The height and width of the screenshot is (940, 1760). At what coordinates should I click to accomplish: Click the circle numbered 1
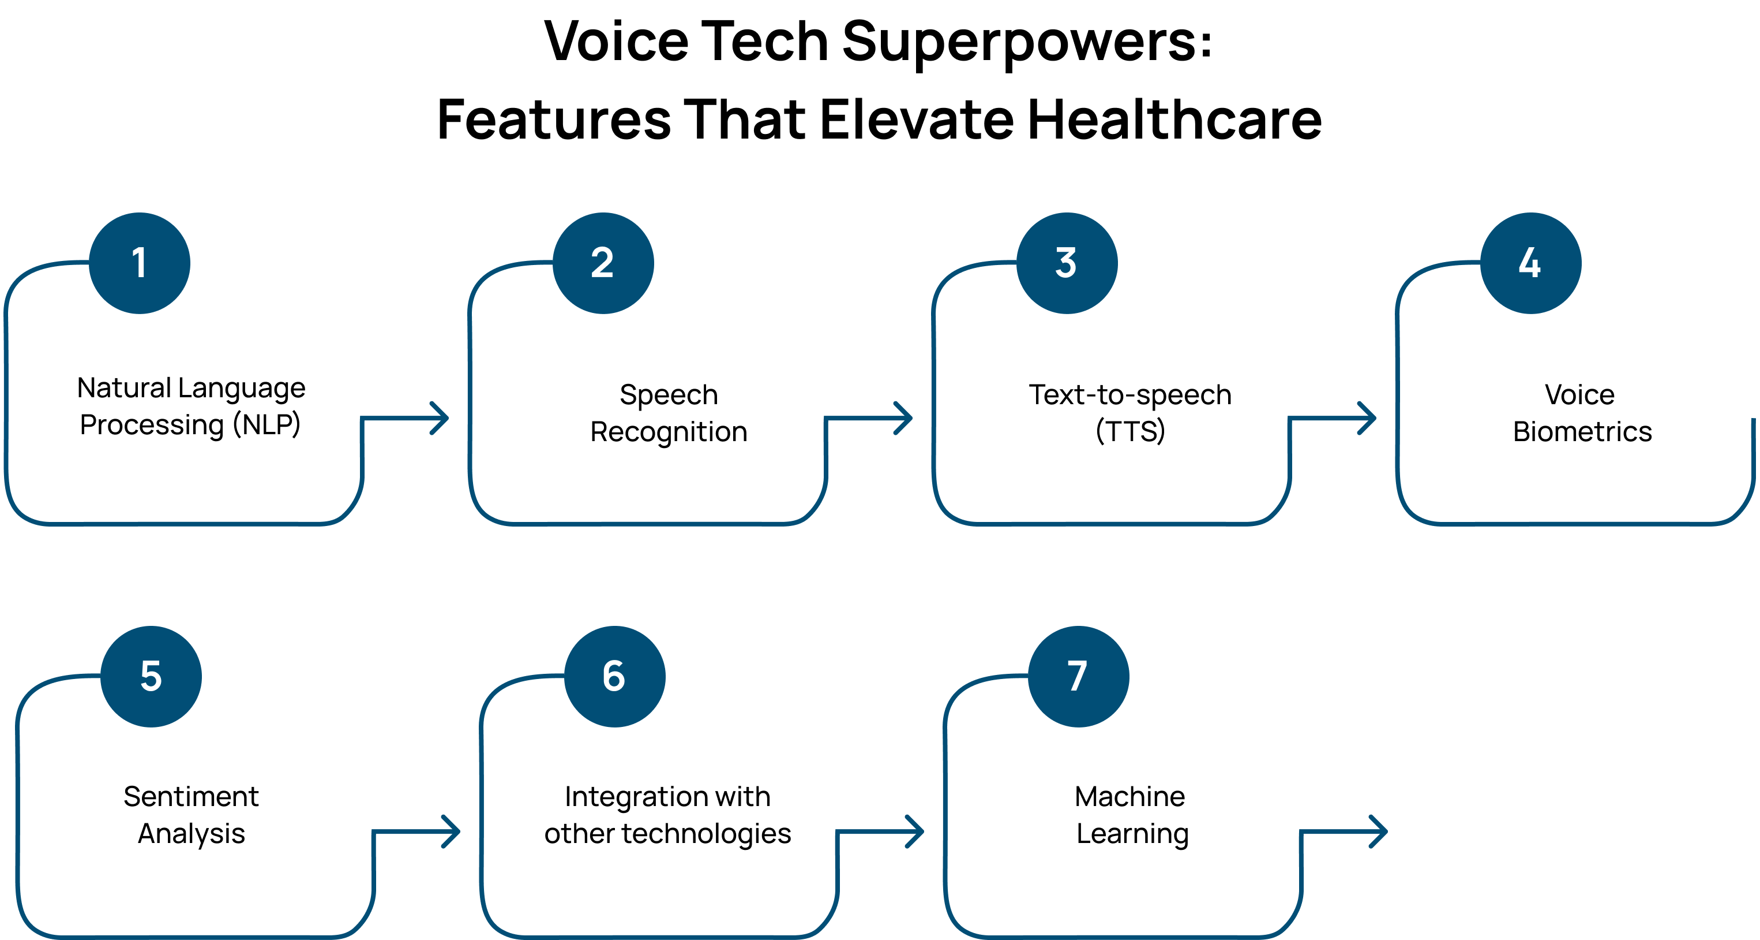coord(140,263)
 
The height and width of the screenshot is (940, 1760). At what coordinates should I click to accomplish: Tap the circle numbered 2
coord(603,263)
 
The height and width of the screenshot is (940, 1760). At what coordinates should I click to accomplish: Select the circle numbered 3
coord(1067,263)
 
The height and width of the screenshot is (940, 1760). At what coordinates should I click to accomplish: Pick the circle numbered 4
coord(1530,263)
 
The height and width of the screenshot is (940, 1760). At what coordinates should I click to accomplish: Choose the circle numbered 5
coord(151,676)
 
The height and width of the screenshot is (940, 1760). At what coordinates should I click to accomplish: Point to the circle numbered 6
coord(614,676)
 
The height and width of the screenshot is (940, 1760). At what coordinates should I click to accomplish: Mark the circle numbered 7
coord(1078,676)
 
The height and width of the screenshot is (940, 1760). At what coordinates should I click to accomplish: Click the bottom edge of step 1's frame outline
coord(185,524)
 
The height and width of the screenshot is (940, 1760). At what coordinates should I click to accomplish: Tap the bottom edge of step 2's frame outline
coord(649,524)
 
